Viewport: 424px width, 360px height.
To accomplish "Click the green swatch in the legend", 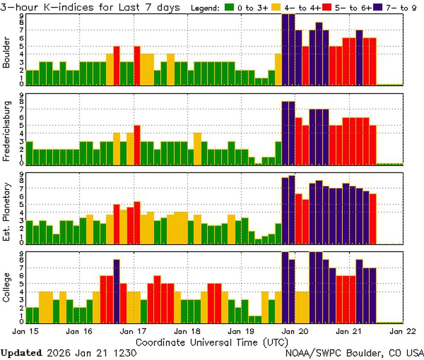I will pyautogui.click(x=229, y=7).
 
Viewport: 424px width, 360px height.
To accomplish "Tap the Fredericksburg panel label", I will pyautogui.click(x=6, y=131).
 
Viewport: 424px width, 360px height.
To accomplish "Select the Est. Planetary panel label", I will pyautogui.click(x=6, y=212).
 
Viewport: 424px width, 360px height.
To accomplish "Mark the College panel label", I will pyautogui.click(x=6, y=288).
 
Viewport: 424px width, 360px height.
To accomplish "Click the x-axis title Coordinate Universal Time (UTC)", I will pyautogui.click(x=212, y=342).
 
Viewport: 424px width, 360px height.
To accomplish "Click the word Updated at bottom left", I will pyautogui.click(x=21, y=353).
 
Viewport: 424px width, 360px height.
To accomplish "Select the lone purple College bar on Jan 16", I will pyautogui.click(x=117, y=291).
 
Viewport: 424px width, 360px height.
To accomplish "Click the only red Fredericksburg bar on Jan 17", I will pyautogui.click(x=137, y=145).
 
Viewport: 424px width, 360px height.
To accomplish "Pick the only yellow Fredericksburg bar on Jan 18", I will pyautogui.click(x=198, y=149).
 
